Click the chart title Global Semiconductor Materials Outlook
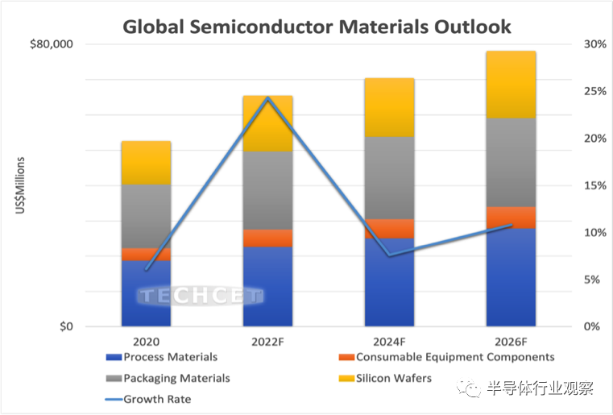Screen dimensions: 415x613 316,27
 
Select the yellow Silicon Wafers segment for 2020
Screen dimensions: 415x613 146,163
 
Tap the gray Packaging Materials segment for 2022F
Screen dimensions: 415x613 267,190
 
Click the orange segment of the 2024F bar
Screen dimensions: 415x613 389,229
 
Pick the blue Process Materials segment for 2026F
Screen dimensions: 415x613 511,277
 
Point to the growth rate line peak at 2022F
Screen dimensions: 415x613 267,98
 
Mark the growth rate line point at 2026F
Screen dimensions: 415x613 511,225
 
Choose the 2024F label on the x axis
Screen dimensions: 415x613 389,342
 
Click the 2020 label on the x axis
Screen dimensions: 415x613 146,342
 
